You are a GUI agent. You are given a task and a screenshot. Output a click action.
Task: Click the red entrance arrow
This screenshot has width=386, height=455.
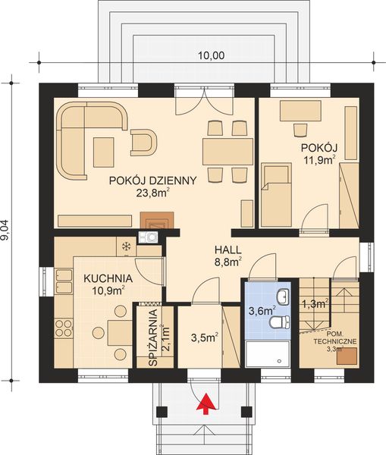click(x=203, y=407)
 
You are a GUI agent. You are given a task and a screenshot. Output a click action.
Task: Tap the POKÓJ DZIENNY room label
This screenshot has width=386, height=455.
click(x=153, y=180)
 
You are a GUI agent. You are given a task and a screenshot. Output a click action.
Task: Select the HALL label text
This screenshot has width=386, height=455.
click(x=228, y=249)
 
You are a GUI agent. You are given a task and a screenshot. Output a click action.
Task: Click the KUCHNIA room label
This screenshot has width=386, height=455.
click(x=108, y=278)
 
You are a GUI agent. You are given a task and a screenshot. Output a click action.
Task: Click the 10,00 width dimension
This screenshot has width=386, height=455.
click(x=211, y=55)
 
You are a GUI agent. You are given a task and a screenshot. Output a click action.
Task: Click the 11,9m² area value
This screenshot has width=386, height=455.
click(x=319, y=160)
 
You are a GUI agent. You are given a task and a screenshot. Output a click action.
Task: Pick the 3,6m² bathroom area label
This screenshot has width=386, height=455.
click(x=262, y=309)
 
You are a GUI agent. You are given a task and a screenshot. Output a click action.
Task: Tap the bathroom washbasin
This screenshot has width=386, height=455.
click(x=282, y=296)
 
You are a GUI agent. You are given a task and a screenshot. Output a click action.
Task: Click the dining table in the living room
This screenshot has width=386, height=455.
click(x=228, y=151)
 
